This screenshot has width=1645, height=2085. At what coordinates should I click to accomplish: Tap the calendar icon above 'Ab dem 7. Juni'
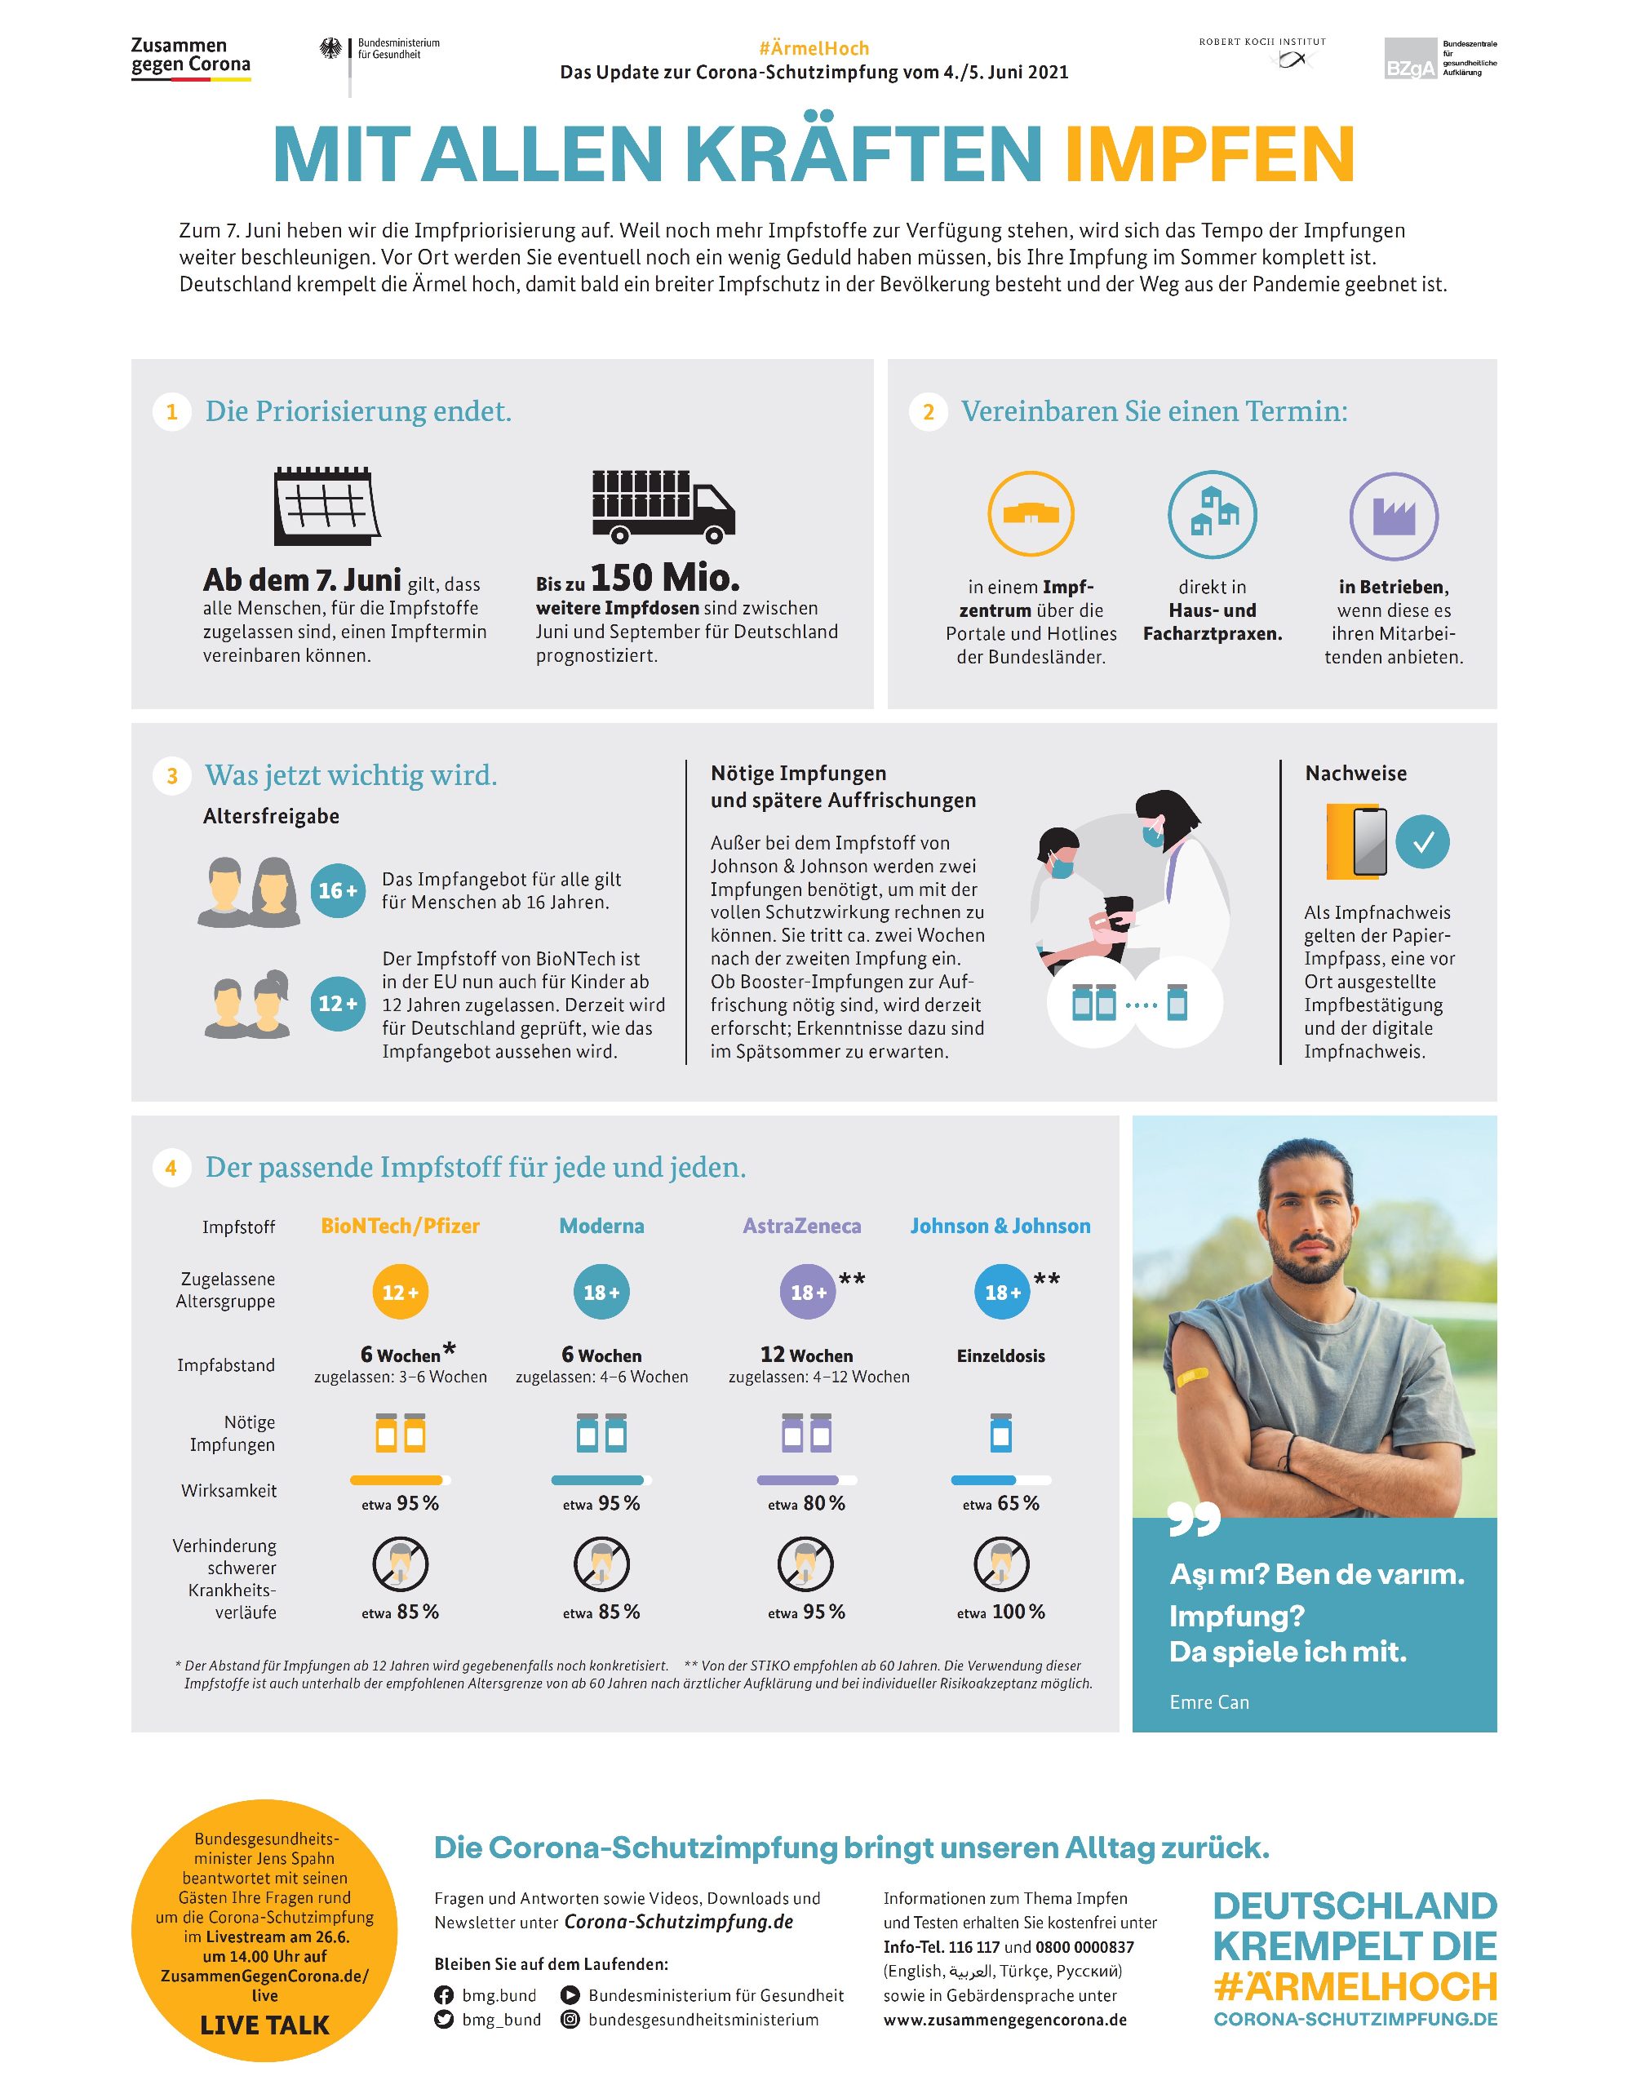pyautogui.click(x=326, y=506)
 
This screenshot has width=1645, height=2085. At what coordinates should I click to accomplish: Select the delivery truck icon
pyautogui.click(x=662, y=507)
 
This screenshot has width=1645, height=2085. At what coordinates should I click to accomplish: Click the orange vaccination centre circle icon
pyautogui.click(x=1031, y=513)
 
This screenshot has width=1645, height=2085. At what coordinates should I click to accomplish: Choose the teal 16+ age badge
pyautogui.click(x=337, y=891)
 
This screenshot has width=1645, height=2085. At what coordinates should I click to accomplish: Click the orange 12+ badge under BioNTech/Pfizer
pyautogui.click(x=400, y=1293)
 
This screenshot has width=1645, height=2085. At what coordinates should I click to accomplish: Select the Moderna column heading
pyautogui.click(x=602, y=1226)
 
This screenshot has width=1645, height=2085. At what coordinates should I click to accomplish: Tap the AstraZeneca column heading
pyautogui.click(x=801, y=1226)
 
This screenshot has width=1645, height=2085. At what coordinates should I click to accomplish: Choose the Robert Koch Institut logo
pyautogui.click(x=1261, y=54)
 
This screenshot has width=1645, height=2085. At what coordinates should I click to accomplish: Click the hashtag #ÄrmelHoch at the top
pyautogui.click(x=814, y=48)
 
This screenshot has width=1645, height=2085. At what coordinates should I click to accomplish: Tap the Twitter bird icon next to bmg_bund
pyautogui.click(x=444, y=2020)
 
